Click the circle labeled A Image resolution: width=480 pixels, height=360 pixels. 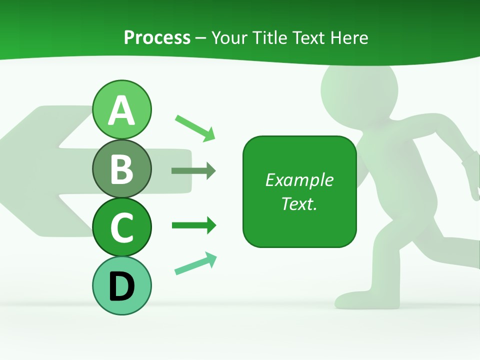click(121, 109)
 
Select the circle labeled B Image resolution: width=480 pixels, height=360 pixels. click(121, 168)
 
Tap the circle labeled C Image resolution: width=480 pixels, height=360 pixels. click(121, 227)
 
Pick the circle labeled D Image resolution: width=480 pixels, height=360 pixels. click(121, 285)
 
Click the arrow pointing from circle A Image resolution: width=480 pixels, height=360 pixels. click(195, 128)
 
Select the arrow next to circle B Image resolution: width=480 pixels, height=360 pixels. click(193, 171)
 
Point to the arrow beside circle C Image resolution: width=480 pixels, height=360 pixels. click(194, 225)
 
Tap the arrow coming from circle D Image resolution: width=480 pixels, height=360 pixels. click(195, 263)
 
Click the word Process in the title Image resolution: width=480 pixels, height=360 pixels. click(157, 37)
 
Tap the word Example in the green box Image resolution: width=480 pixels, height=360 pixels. click(299, 180)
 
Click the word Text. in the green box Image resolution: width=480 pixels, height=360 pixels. click(299, 203)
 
